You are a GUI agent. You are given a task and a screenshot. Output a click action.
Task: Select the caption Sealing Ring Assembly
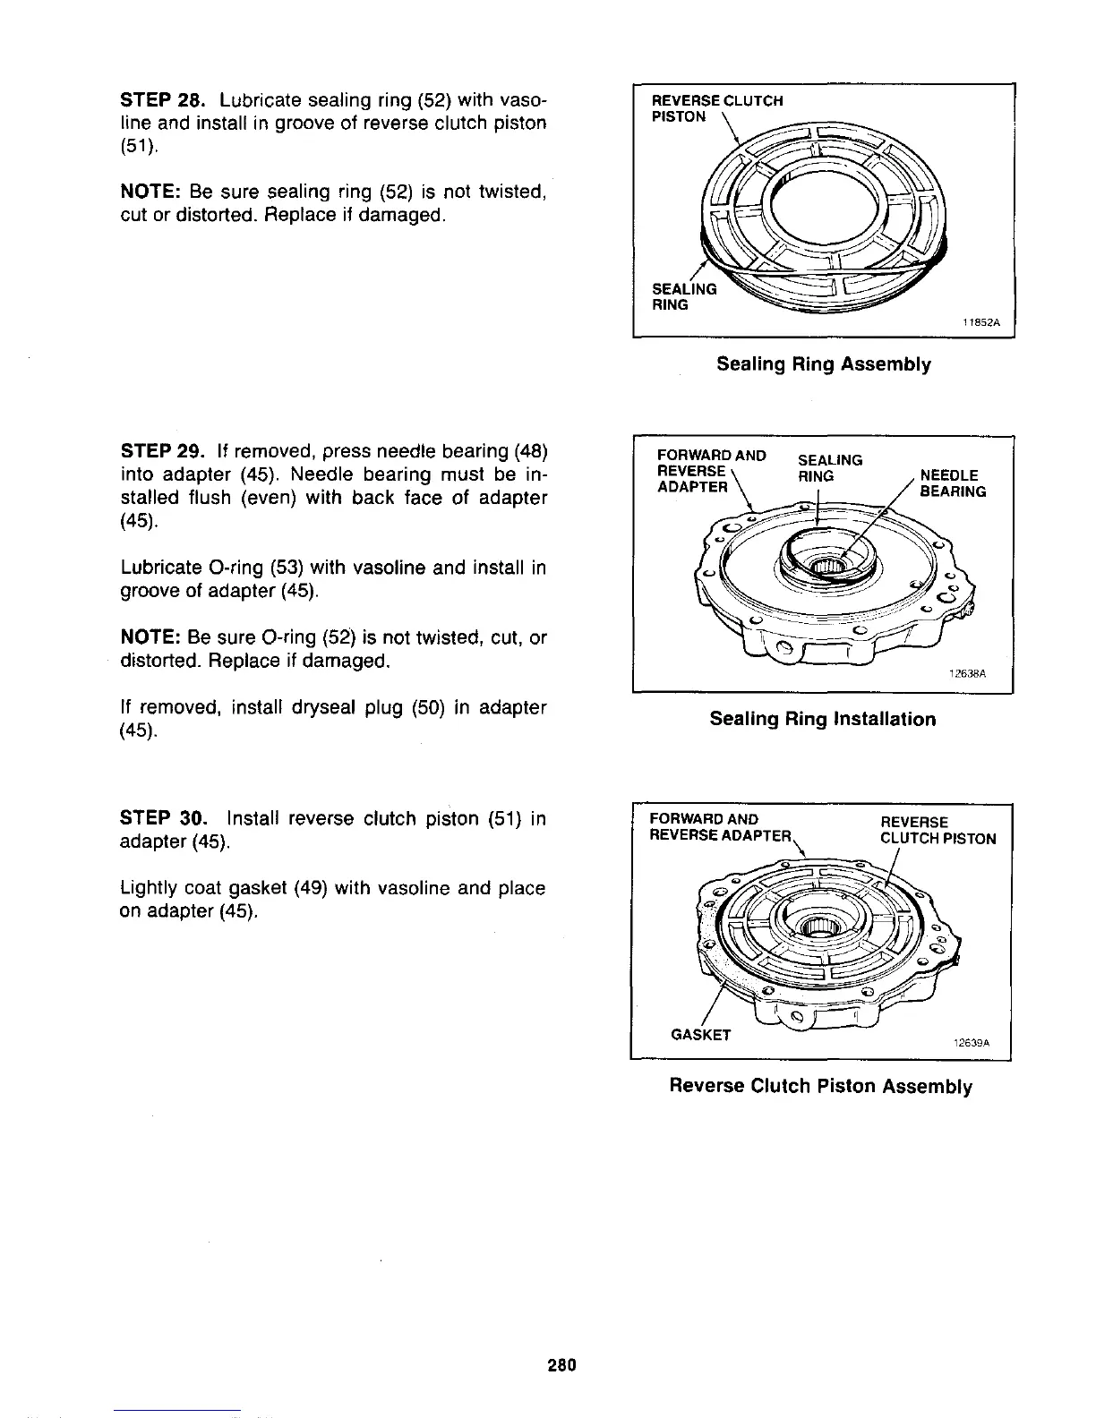[823, 364]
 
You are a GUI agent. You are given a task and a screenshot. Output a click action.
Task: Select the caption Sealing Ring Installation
[822, 719]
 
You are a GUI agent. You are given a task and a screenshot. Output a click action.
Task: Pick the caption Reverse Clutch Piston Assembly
[821, 1086]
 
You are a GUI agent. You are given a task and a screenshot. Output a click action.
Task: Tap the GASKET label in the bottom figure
[701, 1035]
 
